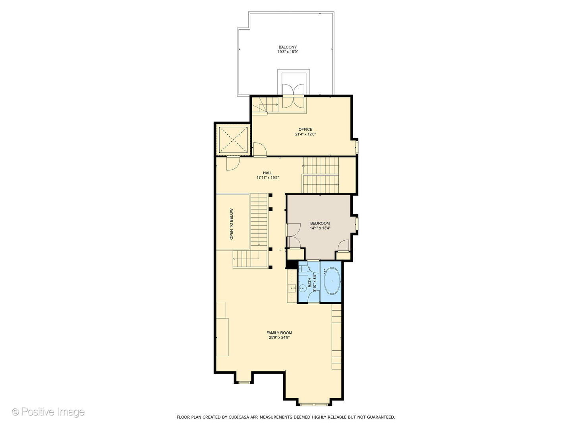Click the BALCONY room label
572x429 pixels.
287,47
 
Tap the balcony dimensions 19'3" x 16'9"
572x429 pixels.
287,52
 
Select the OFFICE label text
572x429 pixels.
305,129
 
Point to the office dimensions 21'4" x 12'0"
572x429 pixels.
305,134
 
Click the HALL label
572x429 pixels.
267,173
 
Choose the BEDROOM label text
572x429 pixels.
320,223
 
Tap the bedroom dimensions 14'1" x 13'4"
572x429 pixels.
320,228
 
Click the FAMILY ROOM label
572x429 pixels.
279,333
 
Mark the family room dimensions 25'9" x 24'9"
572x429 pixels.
279,338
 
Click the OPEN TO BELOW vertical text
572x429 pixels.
232,224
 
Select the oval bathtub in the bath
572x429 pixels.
332,281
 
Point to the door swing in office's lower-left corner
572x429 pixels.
260,149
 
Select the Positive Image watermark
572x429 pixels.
48,412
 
